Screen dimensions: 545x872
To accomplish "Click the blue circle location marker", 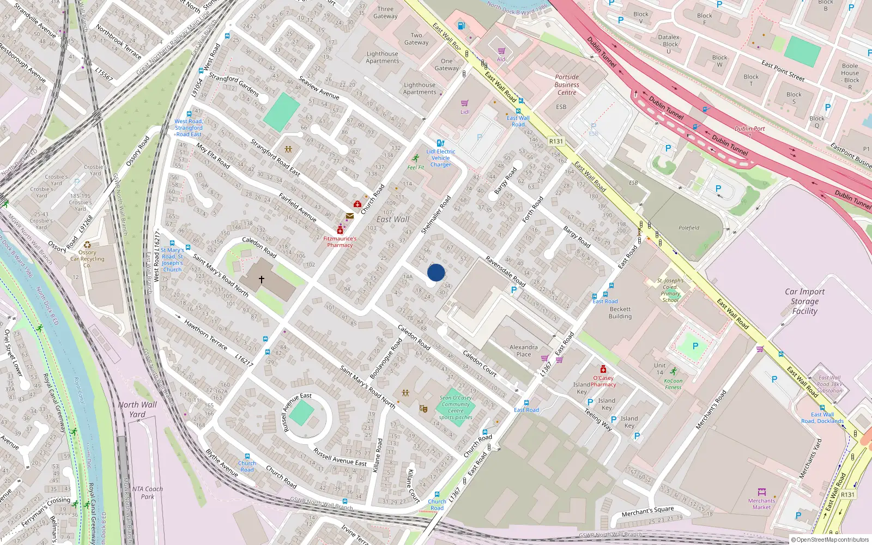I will (x=436, y=272).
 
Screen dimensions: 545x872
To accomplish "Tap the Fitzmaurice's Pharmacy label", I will (x=340, y=242).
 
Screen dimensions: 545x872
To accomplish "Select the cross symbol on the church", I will (x=262, y=280).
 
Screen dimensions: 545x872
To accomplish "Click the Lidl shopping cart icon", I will (x=465, y=103).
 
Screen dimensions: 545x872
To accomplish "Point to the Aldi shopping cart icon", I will (x=501, y=51).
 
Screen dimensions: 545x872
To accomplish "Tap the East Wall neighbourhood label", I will (x=392, y=219).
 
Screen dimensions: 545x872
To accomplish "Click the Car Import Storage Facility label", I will (x=805, y=301).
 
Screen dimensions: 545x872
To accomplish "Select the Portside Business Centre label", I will (x=567, y=85).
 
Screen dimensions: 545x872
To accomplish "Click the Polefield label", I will (x=689, y=228).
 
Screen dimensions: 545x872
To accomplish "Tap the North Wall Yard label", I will (x=137, y=409).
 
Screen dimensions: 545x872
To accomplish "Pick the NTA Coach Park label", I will (x=147, y=493).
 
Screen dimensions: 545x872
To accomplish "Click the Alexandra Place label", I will (x=523, y=350).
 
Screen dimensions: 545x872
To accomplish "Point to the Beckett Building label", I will (x=620, y=313).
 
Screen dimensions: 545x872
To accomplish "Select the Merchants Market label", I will (x=761, y=504).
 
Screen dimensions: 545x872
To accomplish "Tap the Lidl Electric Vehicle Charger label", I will (x=441, y=158).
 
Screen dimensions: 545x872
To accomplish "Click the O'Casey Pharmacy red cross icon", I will (x=603, y=370).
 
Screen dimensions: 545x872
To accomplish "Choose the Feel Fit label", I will (x=415, y=167).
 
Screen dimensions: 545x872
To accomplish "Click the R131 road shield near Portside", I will (x=556, y=141).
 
